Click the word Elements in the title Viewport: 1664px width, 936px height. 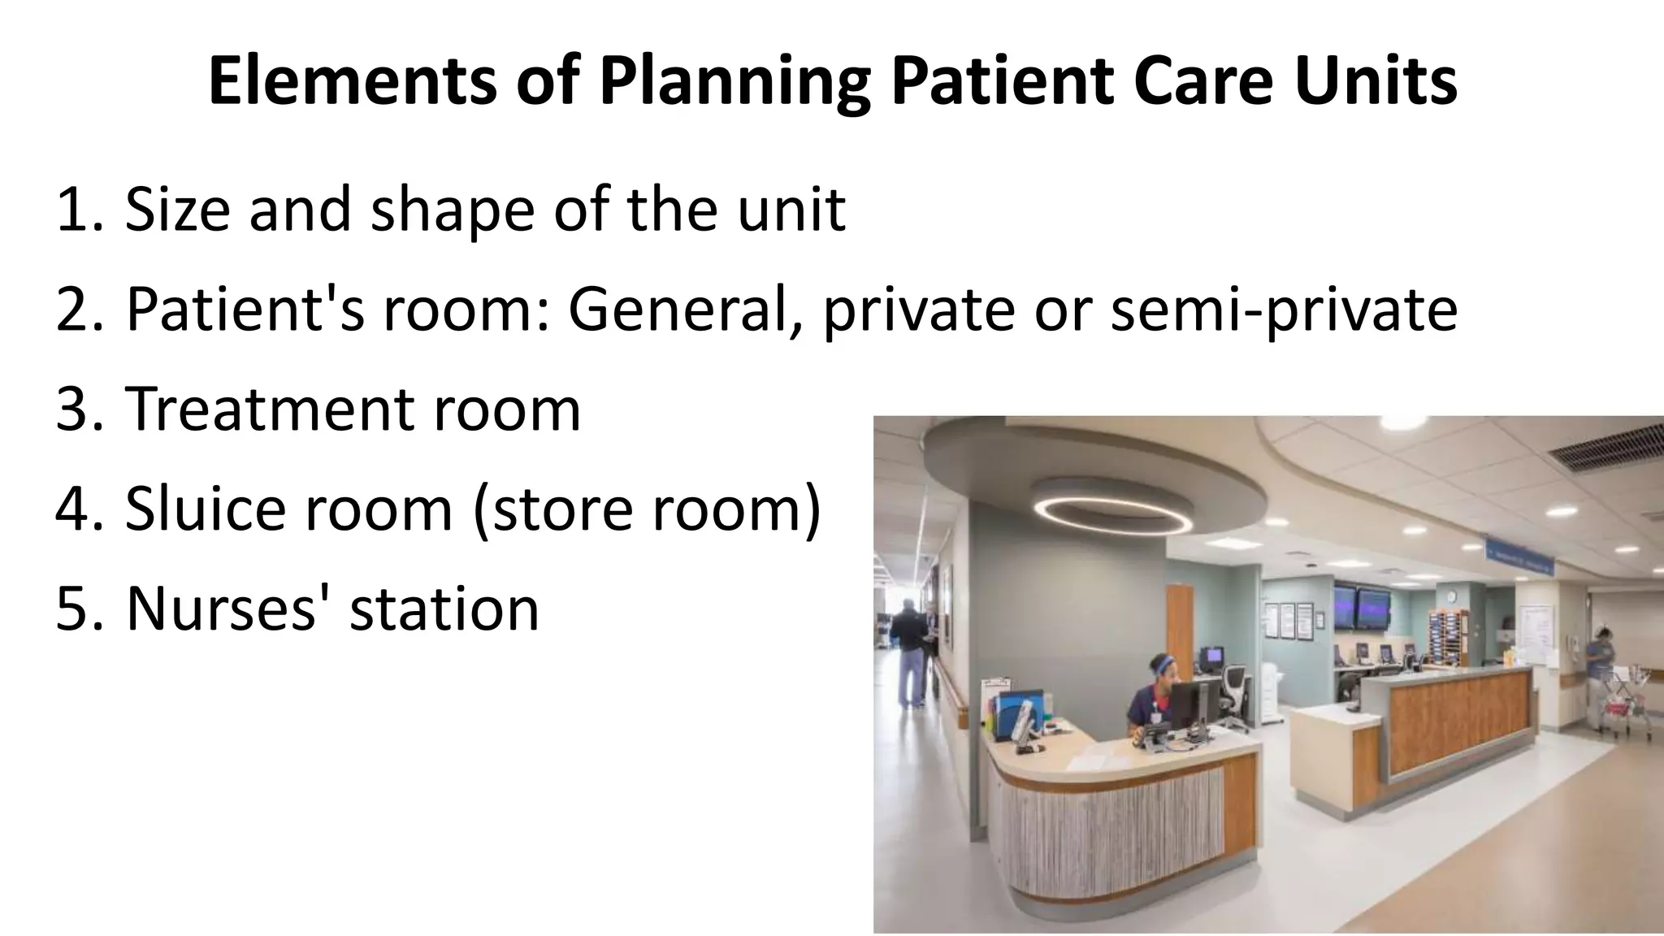351,81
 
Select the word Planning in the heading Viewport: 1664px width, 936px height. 734,81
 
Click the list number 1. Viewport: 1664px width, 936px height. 73,210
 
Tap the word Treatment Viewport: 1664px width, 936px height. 271,408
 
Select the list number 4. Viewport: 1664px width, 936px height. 73,509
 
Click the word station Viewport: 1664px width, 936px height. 444,608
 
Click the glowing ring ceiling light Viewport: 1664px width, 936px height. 1112,512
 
